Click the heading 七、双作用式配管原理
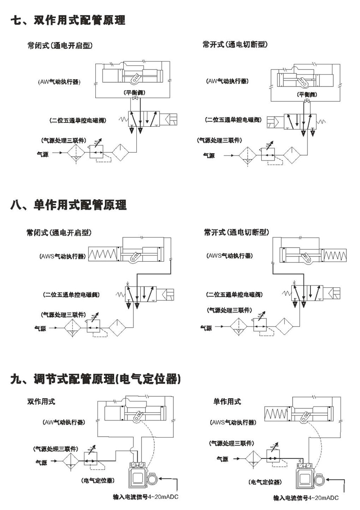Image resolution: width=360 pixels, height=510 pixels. point(68,20)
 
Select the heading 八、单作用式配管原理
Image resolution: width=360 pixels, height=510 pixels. point(68,205)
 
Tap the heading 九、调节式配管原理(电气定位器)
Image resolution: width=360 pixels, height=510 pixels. point(96,379)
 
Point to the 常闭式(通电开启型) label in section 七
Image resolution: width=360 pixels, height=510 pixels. point(60,45)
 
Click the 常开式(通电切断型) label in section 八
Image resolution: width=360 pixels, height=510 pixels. point(236,232)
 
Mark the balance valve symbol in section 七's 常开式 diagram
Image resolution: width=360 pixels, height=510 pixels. point(307,100)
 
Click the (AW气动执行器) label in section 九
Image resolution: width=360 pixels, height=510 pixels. point(64,422)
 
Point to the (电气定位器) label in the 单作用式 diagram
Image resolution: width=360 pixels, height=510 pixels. point(265,482)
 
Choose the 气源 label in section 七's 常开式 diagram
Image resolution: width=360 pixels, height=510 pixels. point(209,156)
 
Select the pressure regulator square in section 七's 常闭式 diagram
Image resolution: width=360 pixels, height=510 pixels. point(97,151)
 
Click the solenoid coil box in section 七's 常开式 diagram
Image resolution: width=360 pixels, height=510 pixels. point(275,123)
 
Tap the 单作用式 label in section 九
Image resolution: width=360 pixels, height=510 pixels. point(227,401)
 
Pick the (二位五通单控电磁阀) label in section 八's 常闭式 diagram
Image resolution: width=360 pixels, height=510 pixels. point(72,295)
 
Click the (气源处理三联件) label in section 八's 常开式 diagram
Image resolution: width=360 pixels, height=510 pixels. point(229,310)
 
